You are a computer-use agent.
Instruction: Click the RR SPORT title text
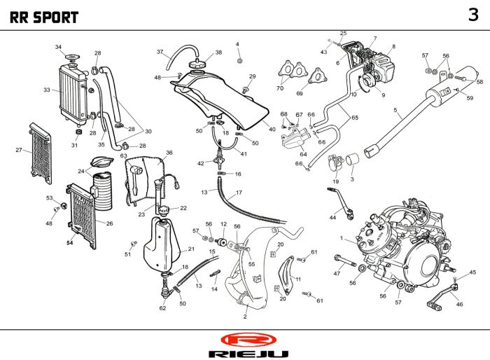(43, 18)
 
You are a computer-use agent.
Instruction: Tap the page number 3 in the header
(473, 15)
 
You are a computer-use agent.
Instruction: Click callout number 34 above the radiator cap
(58, 47)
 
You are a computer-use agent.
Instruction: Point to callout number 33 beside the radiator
(46, 90)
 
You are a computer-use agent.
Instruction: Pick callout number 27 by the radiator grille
(19, 149)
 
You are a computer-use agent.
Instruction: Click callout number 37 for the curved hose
(160, 53)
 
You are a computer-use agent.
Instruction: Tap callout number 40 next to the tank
(272, 130)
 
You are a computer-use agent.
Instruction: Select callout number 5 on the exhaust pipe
(395, 110)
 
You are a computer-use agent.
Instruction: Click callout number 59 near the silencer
(470, 98)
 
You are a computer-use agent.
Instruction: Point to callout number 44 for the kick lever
(332, 217)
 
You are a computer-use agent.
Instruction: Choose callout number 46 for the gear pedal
(459, 304)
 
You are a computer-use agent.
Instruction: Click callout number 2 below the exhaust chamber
(245, 317)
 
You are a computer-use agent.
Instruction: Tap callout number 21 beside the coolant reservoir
(191, 249)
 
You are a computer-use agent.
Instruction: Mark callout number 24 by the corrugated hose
(80, 171)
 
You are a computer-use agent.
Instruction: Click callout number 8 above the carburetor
(393, 46)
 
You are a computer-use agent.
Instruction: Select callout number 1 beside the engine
(341, 239)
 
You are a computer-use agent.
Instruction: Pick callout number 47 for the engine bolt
(337, 273)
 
